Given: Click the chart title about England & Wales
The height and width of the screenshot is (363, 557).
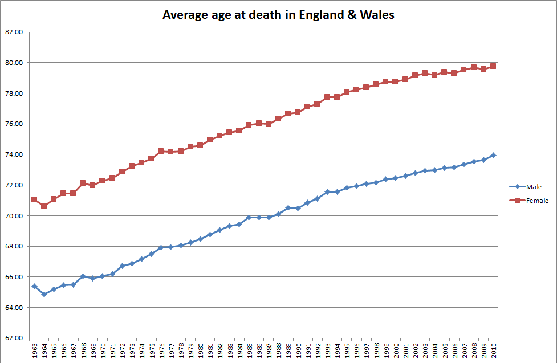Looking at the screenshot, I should pos(278,15).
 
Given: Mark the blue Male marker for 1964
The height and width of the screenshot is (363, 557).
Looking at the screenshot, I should pos(44,295).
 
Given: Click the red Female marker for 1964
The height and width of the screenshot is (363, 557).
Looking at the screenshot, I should pos(44,205).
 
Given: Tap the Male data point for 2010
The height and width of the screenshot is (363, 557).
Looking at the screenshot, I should pos(493,155).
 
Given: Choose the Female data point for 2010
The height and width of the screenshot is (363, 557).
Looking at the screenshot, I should pos(493,66).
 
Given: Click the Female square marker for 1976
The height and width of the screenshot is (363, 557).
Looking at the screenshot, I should pos(161,151).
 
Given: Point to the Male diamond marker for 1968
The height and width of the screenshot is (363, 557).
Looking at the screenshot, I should pos(83,276).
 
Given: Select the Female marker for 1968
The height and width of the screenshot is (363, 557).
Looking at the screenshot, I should pos(83,183).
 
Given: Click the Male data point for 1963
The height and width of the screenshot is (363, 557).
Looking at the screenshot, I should pos(34,286).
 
